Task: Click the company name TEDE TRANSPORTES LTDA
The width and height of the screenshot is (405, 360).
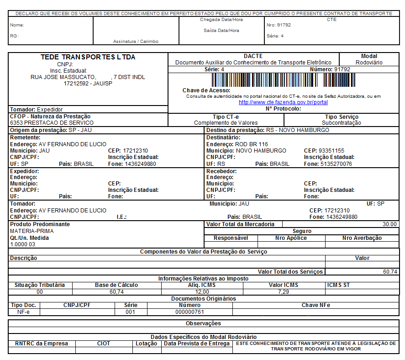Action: [88, 57]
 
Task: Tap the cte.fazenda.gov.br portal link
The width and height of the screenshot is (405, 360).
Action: [283, 102]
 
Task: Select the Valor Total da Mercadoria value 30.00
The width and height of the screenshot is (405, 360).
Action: [390, 224]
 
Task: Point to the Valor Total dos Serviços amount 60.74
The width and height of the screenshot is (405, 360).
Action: [390, 271]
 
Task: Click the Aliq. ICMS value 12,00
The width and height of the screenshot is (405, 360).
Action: [202, 291]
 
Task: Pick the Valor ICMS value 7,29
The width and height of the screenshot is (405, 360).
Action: [283, 291]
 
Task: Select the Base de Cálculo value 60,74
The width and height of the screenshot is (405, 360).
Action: [116, 291]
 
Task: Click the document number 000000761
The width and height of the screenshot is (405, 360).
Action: [189, 312]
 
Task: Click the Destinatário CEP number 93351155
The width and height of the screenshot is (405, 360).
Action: [331, 150]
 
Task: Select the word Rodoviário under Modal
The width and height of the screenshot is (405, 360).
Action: [369, 63]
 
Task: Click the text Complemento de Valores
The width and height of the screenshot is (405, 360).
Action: [226, 123]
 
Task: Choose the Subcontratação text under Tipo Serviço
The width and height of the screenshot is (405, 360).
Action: [341, 123]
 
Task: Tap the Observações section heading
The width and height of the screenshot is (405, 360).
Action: [203, 323]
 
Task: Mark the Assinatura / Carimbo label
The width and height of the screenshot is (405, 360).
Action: [136, 42]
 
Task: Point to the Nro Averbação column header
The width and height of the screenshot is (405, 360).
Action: [362, 238]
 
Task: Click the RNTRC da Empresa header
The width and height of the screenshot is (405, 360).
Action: [42, 344]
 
